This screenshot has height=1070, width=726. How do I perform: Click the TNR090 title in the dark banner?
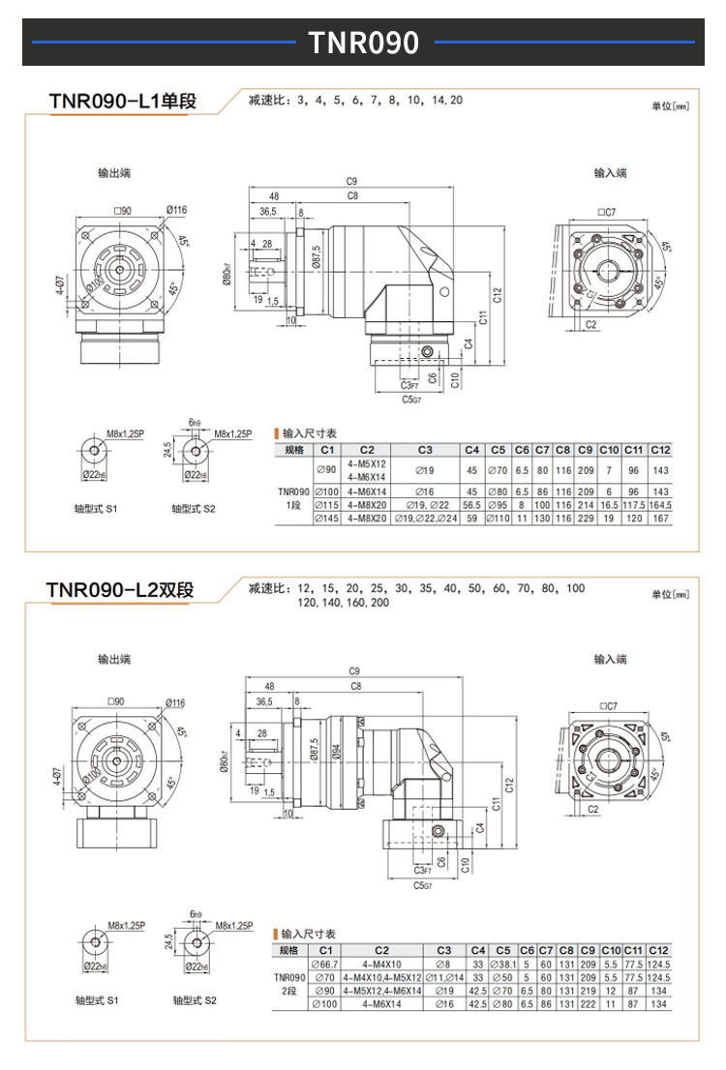[363, 43]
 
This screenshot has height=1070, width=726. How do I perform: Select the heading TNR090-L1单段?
[122, 101]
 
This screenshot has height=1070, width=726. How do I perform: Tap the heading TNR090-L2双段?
[122, 589]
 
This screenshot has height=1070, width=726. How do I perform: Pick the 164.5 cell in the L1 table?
[659, 504]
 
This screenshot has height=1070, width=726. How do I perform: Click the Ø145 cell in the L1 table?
[327, 519]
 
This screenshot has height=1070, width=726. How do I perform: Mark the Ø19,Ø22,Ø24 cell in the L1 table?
[426, 519]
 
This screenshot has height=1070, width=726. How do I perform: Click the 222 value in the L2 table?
[588, 1005]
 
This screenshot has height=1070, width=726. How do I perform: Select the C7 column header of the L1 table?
[542, 450]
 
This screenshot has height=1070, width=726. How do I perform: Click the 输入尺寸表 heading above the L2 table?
[308, 934]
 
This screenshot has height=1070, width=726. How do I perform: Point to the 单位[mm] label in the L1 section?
[670, 104]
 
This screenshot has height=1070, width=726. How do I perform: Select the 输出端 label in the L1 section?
[114, 172]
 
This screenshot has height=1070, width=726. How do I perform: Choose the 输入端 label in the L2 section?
[610, 659]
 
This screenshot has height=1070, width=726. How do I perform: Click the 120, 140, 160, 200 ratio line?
[344, 602]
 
